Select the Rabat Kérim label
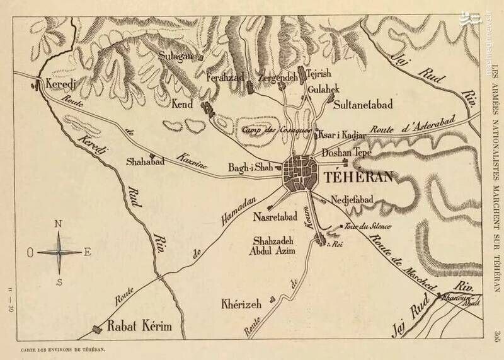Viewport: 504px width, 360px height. click(139, 327)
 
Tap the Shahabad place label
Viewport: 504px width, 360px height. click(145, 161)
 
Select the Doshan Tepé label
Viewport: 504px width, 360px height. click(345, 153)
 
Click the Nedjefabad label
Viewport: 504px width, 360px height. click(352, 200)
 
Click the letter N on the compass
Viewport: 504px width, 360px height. click(59, 223)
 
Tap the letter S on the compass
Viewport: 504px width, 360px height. click(59, 281)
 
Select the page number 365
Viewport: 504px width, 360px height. click(496, 334)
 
